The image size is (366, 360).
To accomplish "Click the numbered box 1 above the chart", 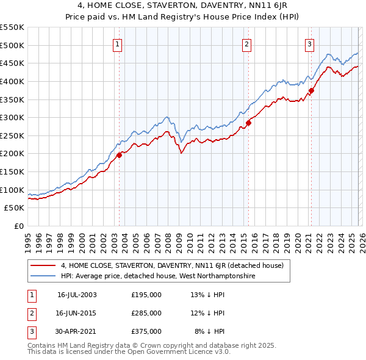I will pyautogui.click(x=117, y=43).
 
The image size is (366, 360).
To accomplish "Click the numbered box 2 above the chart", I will pyautogui.click(x=246, y=43).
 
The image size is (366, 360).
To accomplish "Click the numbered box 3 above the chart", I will pyautogui.click(x=310, y=43).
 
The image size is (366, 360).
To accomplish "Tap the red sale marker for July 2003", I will pyautogui.click(x=120, y=155).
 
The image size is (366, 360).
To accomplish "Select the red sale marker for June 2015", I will pyautogui.click(x=248, y=123).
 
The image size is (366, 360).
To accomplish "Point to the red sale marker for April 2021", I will pyautogui.click(x=311, y=90).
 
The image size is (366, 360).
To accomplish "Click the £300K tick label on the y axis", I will pyautogui.click(x=12, y=117).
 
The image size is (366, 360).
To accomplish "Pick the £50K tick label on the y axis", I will pyautogui.click(x=15, y=208).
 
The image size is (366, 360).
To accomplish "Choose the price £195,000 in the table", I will pyautogui.click(x=146, y=294).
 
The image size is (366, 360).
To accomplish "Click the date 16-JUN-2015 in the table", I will pyautogui.click(x=77, y=313).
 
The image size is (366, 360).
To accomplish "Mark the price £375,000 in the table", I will pyautogui.click(x=146, y=331).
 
